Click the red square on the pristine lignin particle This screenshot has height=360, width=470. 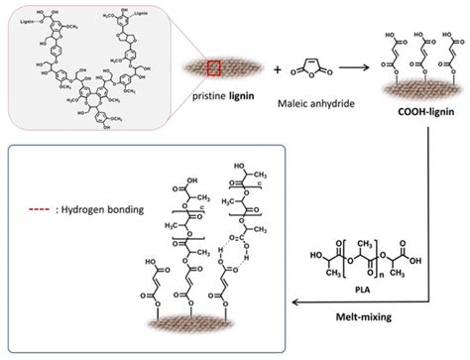[x=211, y=68]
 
